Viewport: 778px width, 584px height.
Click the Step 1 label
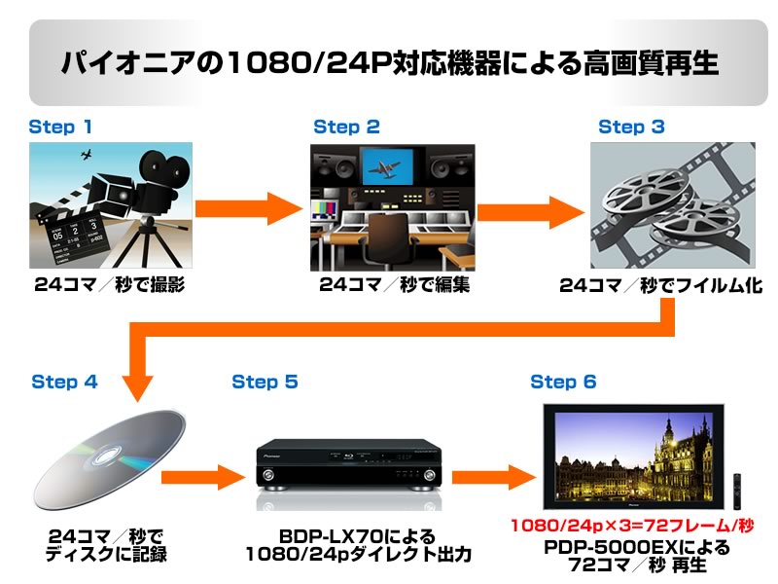(60, 127)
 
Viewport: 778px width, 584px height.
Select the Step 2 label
(347, 127)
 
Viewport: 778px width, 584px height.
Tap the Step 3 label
(631, 127)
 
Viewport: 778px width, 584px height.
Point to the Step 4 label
(64, 382)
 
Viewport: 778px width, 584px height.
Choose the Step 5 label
(265, 382)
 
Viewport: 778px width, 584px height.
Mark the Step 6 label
(563, 382)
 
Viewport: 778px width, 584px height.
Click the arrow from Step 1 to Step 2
(249, 208)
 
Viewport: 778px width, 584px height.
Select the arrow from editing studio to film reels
(530, 212)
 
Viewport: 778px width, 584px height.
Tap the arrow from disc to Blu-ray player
(203, 477)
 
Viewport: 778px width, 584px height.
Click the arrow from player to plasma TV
(494, 477)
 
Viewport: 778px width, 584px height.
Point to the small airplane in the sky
(87, 155)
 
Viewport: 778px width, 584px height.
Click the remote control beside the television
(737, 492)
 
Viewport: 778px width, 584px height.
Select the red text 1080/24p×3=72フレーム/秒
(631, 525)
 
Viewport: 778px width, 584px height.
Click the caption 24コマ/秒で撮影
(110, 284)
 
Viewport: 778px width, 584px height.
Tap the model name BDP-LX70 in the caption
(332, 536)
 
